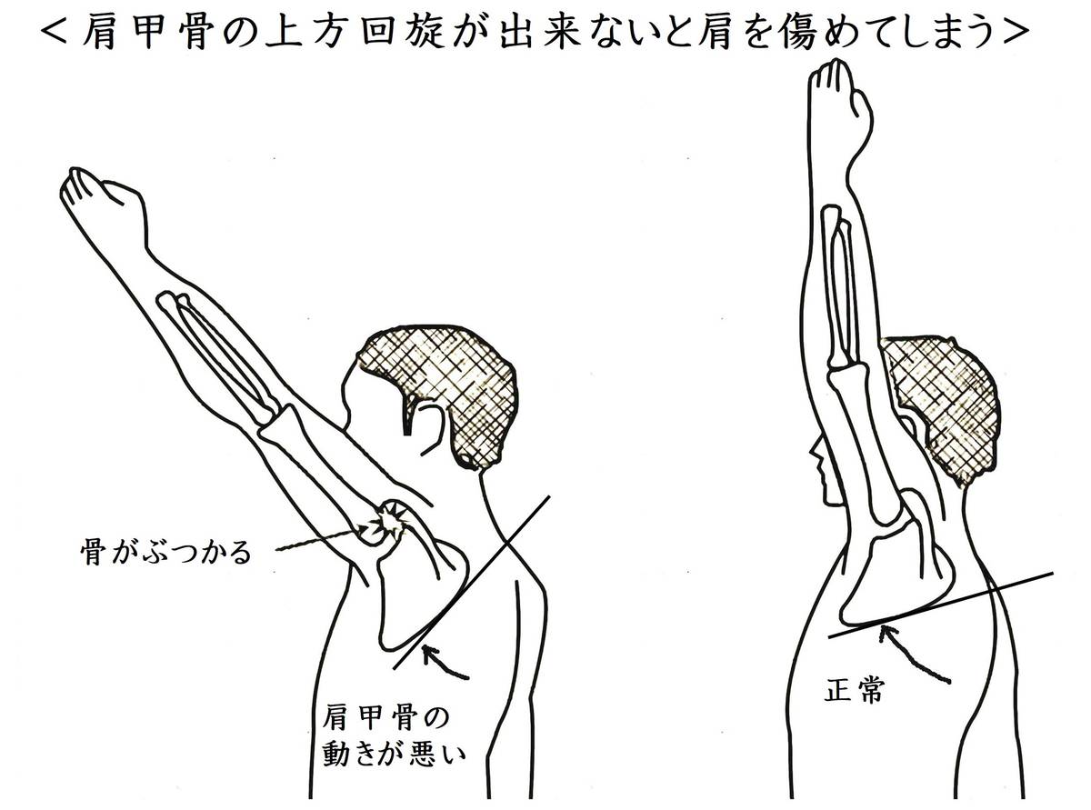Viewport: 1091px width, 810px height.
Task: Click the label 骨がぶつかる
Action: click(165, 554)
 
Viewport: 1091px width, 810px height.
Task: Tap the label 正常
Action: click(855, 690)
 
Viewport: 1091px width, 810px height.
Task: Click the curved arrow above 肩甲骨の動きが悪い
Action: click(445, 663)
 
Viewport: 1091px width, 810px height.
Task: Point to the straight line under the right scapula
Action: click(941, 605)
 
